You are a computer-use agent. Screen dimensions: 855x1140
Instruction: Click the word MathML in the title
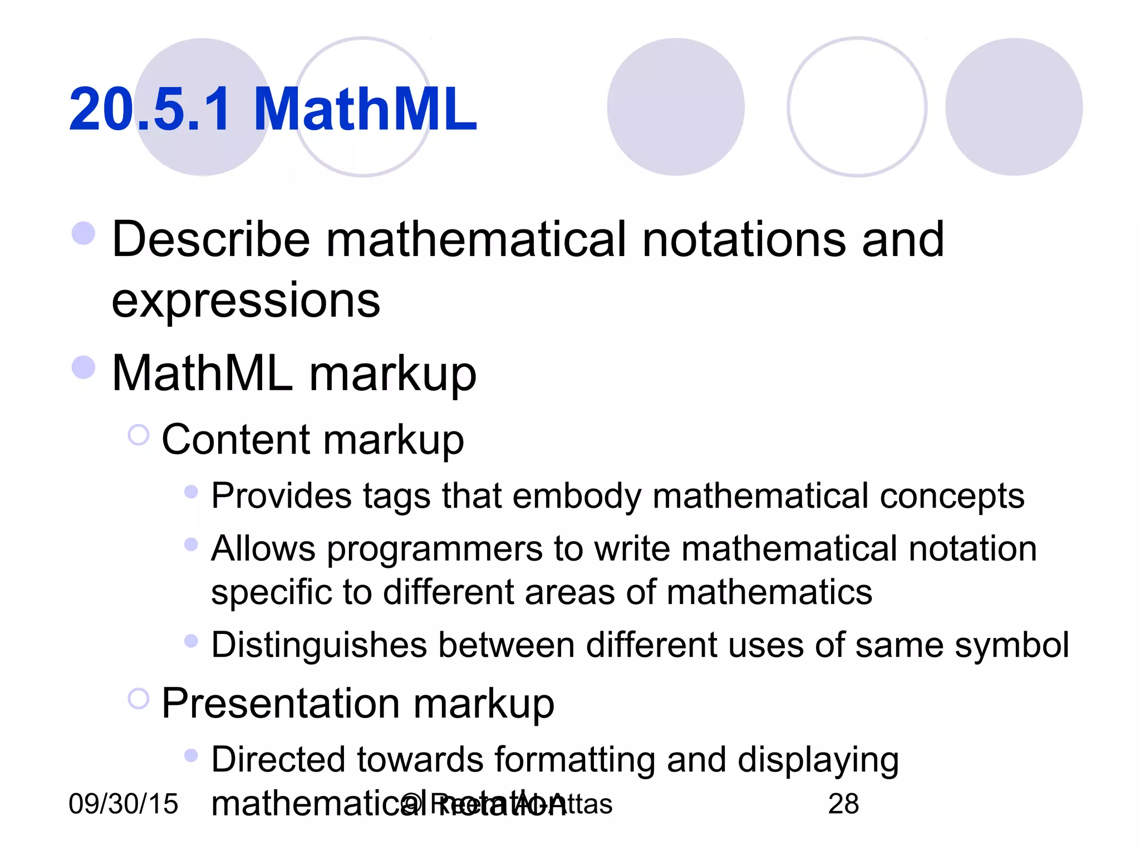tap(365, 109)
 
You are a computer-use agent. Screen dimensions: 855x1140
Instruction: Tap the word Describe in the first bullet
tap(211, 239)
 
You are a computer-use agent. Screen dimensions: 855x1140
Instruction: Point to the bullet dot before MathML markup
tap(83, 367)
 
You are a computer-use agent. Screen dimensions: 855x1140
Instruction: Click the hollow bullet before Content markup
tap(139, 435)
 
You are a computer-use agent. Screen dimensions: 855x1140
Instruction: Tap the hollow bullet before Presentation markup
tap(139, 699)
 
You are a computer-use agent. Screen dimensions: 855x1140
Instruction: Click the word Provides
tap(281, 495)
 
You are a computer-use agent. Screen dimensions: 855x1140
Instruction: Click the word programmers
tap(434, 549)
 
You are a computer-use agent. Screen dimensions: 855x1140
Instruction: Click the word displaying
tap(818, 760)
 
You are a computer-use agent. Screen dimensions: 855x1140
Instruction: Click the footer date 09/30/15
tap(123, 804)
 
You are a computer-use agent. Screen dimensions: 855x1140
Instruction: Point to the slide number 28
tap(843, 804)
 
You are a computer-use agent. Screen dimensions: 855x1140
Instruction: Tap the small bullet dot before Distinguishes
tap(191, 641)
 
